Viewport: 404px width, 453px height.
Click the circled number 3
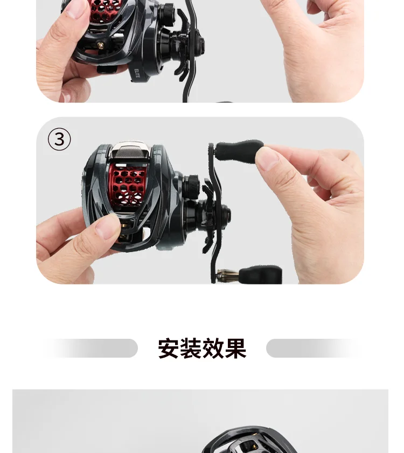[x=59, y=140]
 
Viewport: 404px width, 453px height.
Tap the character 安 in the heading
[x=168, y=349]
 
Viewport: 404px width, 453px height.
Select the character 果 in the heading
[x=235, y=349]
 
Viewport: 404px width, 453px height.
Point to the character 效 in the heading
[x=213, y=349]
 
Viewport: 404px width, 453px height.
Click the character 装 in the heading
[x=191, y=349]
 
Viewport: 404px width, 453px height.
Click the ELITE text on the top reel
[x=137, y=73]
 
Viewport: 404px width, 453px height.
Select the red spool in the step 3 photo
[x=127, y=185]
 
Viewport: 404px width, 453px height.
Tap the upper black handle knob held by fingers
[x=239, y=150]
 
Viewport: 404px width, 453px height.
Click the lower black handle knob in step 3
[x=261, y=275]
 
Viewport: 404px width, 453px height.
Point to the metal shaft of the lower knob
[x=228, y=276]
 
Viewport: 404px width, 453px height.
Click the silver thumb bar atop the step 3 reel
[x=130, y=151]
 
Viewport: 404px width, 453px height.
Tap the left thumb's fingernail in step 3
[x=108, y=227]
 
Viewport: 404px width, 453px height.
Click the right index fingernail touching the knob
[x=267, y=158]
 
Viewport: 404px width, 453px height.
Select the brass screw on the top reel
[x=101, y=46]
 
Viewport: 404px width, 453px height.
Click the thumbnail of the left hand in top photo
[x=76, y=9]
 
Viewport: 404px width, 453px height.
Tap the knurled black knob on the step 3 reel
[x=191, y=185]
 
